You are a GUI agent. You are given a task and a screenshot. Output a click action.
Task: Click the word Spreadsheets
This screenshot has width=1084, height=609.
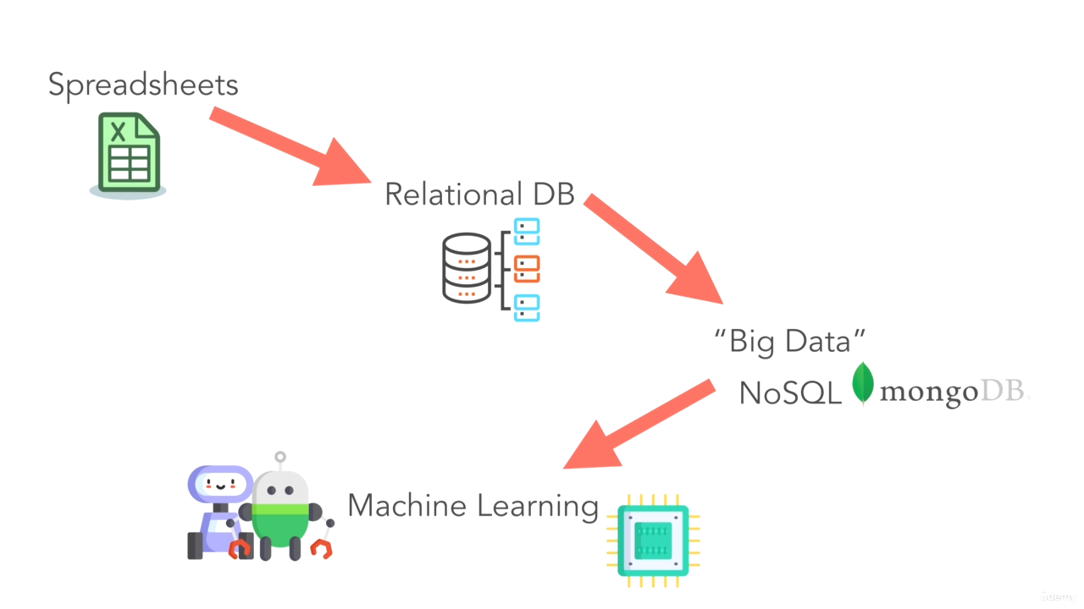[142, 85]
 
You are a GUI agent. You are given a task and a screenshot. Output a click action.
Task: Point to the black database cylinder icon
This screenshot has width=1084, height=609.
[467, 268]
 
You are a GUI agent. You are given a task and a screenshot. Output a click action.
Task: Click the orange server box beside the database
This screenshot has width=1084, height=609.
[527, 269]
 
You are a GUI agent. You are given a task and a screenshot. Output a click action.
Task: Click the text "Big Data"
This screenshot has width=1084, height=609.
[789, 342]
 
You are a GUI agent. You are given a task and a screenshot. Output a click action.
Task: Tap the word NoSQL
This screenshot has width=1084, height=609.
[790, 392]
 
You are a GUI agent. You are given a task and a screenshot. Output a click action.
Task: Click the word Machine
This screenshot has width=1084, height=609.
[406, 506]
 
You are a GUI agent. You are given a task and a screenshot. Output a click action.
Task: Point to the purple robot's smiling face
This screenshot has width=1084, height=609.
[219, 485]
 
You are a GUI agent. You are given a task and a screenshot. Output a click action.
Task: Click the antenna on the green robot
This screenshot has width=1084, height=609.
[280, 460]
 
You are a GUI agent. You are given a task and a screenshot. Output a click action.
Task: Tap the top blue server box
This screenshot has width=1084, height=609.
[527, 232]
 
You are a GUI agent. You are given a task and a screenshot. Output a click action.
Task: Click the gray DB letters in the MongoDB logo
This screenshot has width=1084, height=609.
[1003, 392]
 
